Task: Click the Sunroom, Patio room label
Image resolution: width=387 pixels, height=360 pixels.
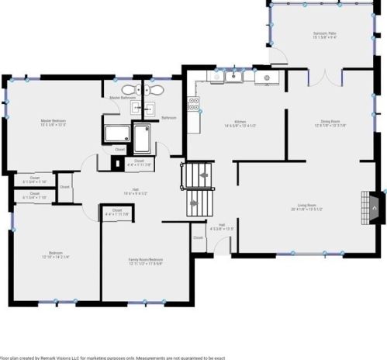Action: (324, 34)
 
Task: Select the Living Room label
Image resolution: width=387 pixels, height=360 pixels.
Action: (307, 204)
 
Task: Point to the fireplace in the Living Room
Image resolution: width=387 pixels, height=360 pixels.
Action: (373, 205)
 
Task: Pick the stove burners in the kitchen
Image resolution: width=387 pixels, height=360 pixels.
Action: (194, 103)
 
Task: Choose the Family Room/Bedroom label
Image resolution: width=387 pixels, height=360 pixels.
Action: (145, 259)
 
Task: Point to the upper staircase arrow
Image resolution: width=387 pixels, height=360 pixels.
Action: (203, 177)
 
